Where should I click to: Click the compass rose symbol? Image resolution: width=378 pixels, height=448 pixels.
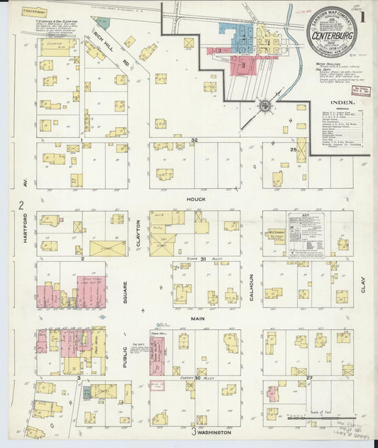pos(265,106)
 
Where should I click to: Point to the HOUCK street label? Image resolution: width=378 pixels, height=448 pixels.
pos(196,200)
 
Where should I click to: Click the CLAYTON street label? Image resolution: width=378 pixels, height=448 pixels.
pos(139,234)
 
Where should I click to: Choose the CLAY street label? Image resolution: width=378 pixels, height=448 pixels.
pos(362,285)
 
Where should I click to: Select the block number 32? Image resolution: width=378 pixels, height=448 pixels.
pos(193,141)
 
